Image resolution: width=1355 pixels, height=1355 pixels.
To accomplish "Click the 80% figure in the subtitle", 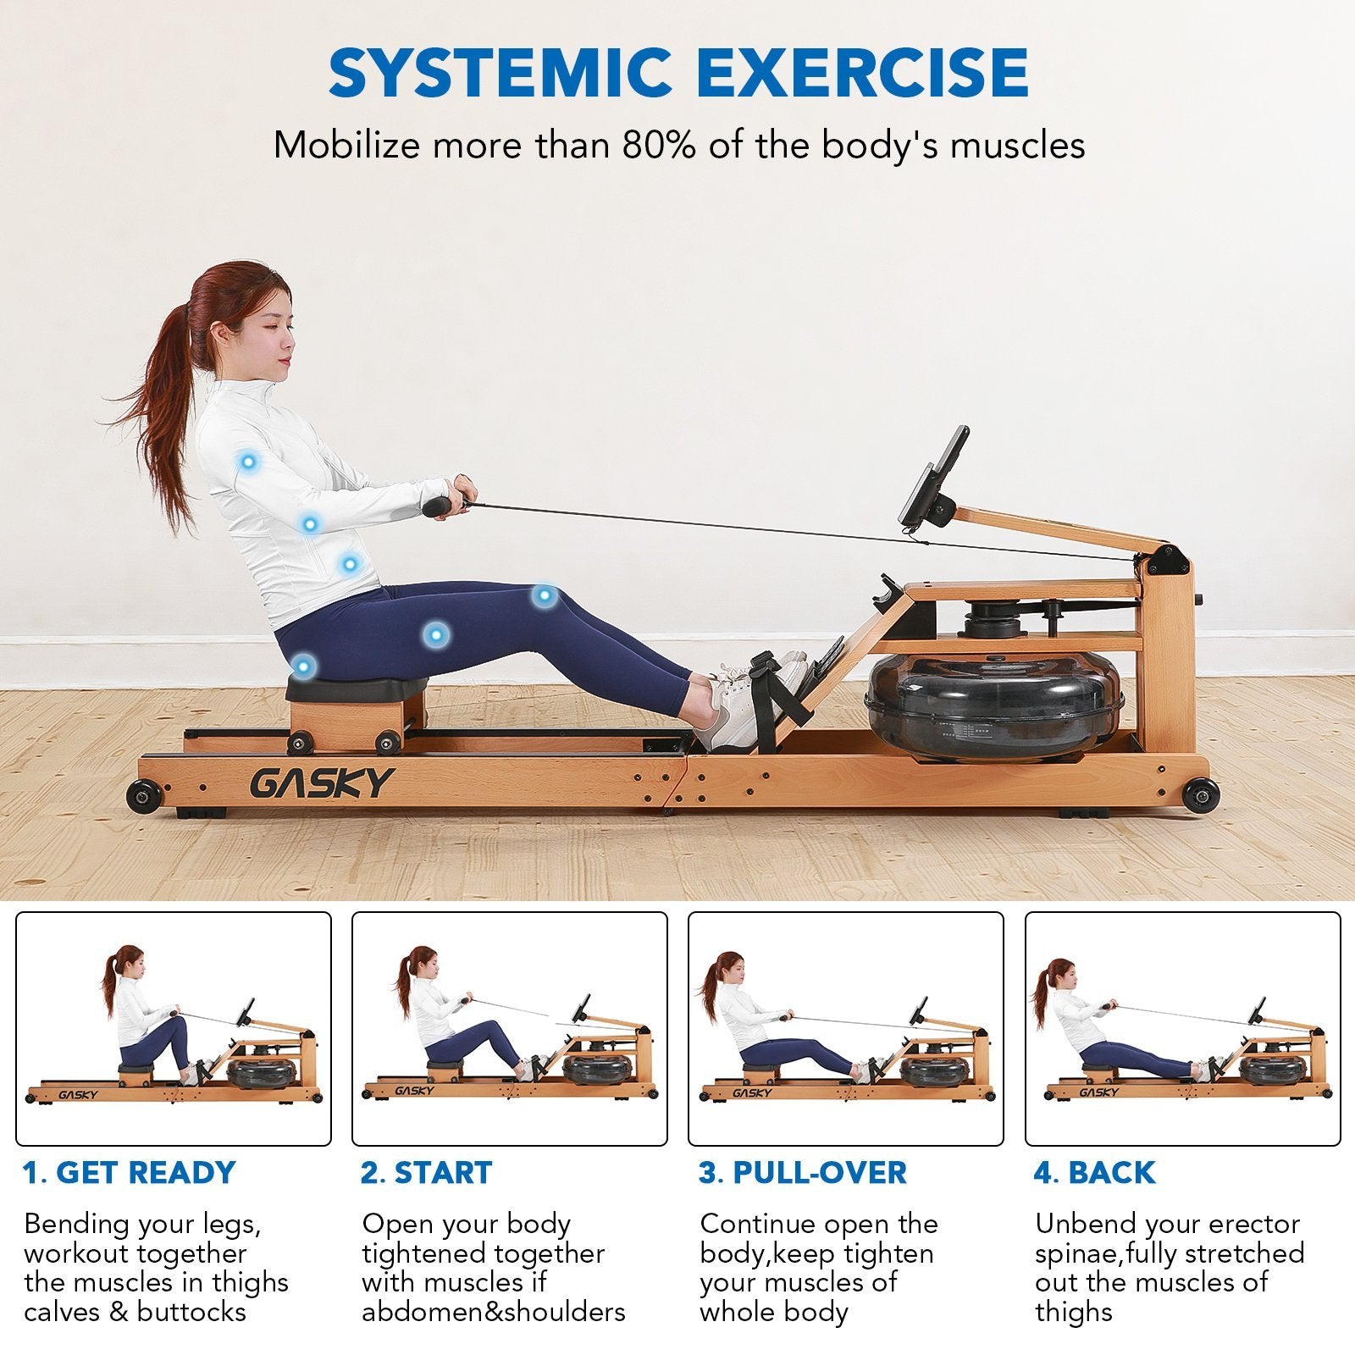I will point(659,146).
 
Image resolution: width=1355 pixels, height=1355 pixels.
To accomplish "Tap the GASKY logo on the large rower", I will point(322,783).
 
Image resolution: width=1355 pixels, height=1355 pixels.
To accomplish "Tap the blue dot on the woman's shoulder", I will point(248,462).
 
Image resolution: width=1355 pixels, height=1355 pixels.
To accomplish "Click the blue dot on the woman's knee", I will point(544,595).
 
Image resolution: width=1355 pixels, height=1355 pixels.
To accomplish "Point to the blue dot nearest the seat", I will point(303,666).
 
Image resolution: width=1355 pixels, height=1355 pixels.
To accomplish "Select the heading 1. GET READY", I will point(129,1173).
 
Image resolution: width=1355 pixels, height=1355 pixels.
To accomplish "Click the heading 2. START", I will point(426,1173).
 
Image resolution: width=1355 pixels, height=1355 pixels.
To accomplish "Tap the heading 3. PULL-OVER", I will point(802,1173).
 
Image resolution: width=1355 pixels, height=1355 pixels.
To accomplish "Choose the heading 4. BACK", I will point(1094,1173).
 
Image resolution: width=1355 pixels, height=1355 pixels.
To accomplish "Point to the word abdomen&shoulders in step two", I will point(494,1312).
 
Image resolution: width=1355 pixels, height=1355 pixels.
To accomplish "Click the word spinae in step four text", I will point(1080,1253).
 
